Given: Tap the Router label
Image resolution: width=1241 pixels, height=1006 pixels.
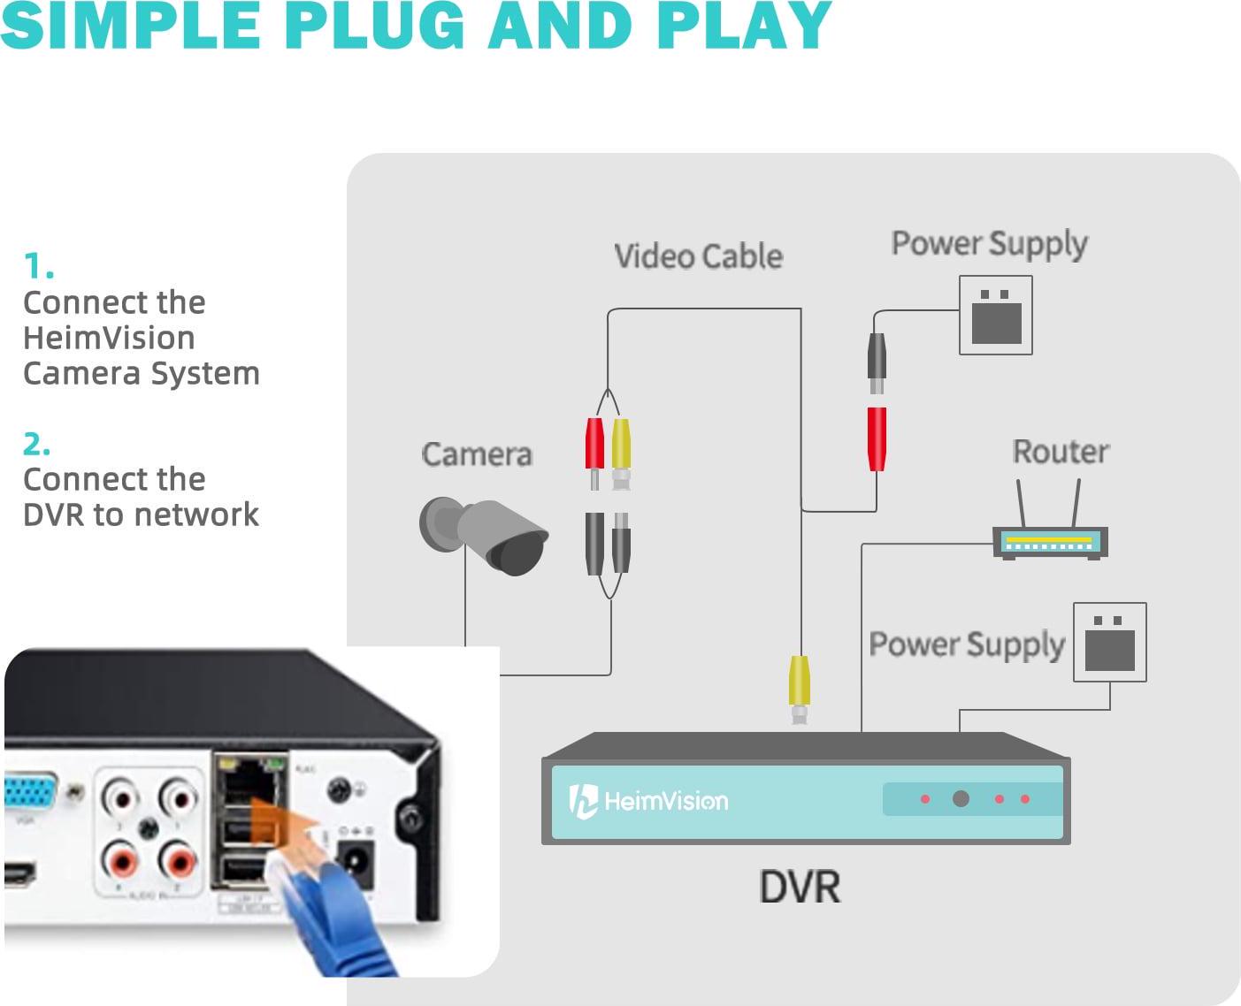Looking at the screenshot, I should (1060, 452).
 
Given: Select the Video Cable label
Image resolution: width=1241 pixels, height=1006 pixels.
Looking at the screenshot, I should (698, 256).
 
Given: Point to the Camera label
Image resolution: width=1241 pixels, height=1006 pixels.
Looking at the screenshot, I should (477, 454).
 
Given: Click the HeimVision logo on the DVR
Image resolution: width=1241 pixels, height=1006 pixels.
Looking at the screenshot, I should (648, 801).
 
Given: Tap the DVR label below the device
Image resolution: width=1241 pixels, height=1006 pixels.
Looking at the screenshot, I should (800, 886).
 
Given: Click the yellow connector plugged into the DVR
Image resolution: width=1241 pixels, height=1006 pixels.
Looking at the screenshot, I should (800, 681).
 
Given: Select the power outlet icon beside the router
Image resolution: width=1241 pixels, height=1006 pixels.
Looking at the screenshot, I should (1109, 643).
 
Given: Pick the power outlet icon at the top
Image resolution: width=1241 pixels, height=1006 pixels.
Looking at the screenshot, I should (996, 316).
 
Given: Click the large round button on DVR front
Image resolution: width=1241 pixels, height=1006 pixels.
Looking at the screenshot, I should (961, 799).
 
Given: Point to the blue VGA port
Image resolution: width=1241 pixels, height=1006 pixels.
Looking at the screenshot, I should (31, 792).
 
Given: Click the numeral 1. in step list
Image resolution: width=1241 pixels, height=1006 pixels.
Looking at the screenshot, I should (38, 266).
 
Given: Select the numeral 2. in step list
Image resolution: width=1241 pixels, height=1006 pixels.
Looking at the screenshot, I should (36, 443).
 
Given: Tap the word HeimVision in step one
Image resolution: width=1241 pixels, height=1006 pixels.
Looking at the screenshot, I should (109, 338).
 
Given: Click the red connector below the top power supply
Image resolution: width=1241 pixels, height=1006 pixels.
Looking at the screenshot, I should (877, 438).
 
